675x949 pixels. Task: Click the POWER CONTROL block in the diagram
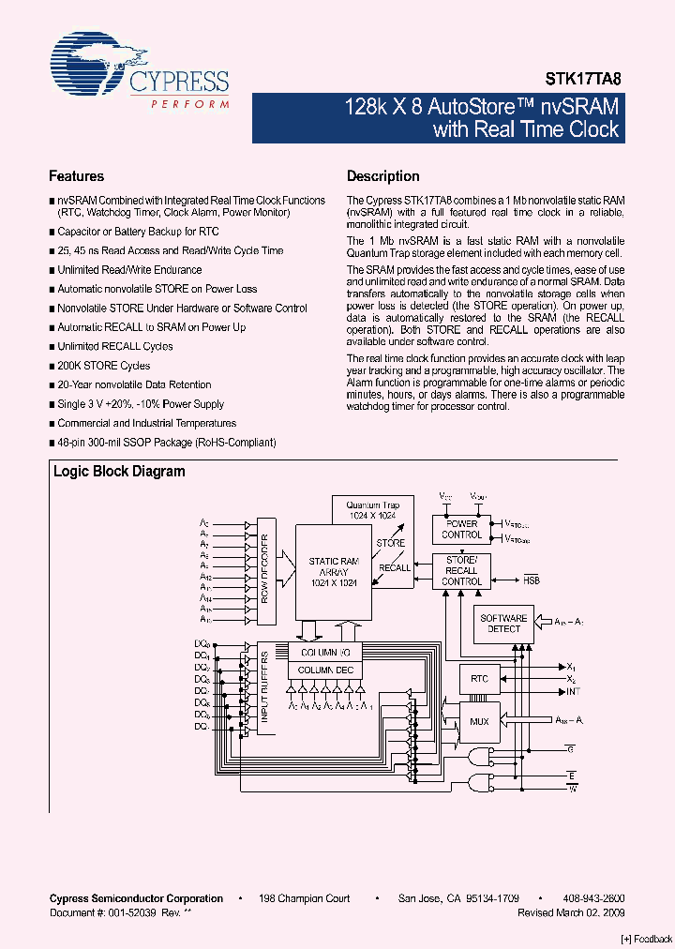(461, 530)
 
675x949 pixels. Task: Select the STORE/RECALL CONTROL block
(461, 570)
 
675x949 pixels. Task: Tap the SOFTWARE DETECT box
(503, 624)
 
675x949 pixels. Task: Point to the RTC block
(479, 678)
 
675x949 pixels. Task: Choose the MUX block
(479, 721)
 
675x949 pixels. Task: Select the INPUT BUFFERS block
(265, 688)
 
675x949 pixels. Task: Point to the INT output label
(574, 692)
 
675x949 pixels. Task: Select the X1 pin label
(572, 667)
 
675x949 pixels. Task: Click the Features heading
(76, 176)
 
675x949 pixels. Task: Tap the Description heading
(382, 176)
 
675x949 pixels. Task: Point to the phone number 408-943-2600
(593, 898)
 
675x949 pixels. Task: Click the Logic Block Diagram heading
(119, 472)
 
